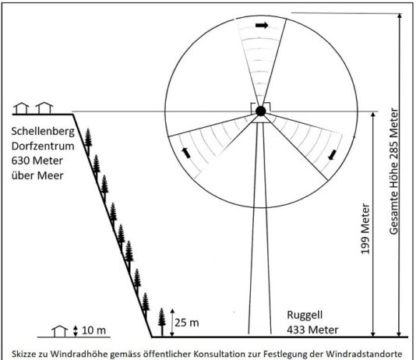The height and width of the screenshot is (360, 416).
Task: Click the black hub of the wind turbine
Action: (x=261, y=111)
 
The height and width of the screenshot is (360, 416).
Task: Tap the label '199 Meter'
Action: (x=365, y=228)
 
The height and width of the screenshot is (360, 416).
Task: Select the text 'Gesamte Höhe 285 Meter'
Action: (x=394, y=171)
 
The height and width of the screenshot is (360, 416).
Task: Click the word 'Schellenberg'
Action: (x=43, y=132)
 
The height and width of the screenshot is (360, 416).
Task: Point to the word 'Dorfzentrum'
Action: (x=43, y=146)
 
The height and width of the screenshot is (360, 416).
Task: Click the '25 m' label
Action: (x=187, y=323)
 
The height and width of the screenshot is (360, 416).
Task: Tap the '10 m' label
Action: (x=93, y=330)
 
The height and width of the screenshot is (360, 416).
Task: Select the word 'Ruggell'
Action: (x=305, y=316)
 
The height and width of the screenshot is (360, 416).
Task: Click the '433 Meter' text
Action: (x=312, y=330)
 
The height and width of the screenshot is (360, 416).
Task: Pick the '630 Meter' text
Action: (x=37, y=161)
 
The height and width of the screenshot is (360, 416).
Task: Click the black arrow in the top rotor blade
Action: (x=262, y=26)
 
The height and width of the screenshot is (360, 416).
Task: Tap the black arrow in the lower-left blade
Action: (x=186, y=153)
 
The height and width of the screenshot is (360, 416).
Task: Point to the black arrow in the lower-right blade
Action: (x=332, y=155)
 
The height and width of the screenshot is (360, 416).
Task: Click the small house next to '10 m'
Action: (x=60, y=331)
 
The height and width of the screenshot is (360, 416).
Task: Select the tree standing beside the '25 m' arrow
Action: (x=162, y=323)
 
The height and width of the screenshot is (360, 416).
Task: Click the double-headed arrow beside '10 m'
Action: (x=76, y=331)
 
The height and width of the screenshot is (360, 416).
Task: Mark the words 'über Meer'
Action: (x=37, y=175)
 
